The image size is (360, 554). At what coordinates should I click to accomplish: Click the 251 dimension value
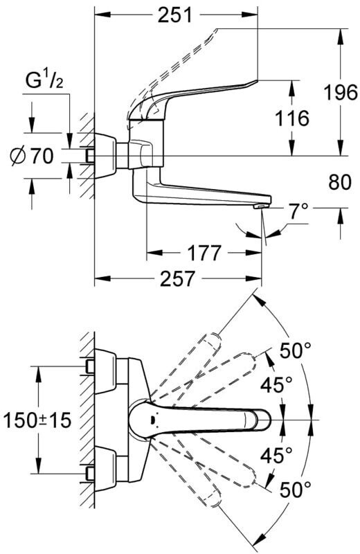point(175,15)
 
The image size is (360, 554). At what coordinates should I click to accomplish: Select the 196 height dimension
point(341,93)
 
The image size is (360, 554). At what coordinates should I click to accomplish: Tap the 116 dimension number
point(292,118)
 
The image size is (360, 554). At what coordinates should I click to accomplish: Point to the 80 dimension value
point(340,183)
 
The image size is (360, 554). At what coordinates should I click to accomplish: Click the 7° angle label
point(298,212)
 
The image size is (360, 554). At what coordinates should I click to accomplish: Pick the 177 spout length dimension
point(204,253)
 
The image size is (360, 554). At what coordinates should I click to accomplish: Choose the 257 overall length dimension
point(177,279)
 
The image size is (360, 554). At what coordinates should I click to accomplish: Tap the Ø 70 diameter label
point(32,157)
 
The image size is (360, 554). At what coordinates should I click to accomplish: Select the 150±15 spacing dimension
point(37,420)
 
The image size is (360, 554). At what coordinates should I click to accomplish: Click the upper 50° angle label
point(296,351)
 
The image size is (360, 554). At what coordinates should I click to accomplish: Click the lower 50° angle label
point(296,490)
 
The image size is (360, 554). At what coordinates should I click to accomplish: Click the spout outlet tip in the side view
point(261,206)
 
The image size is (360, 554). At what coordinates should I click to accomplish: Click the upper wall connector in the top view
point(105,371)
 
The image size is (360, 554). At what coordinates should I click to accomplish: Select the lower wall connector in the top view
point(105,468)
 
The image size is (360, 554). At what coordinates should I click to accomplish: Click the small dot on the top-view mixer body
point(152,420)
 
